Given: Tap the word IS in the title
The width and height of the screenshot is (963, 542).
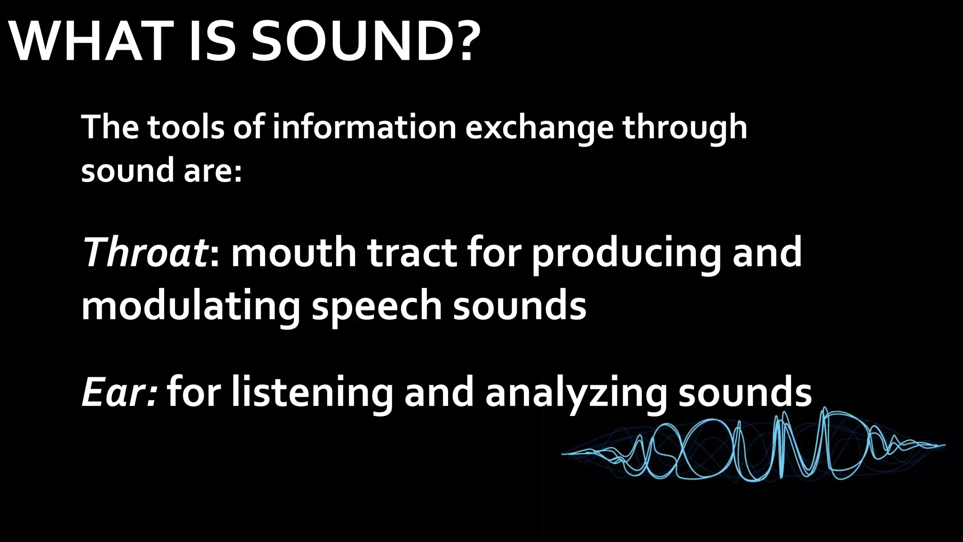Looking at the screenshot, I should pos(212,42).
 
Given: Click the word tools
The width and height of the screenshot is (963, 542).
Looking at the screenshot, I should pos(186,128).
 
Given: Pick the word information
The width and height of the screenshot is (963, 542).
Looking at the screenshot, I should pos(364,128).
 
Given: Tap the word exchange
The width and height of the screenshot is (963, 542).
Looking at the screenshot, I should pos(539,128).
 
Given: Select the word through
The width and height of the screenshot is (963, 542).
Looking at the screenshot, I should pos(685,128).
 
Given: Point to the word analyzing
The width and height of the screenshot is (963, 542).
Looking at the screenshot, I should pos(576,393).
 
